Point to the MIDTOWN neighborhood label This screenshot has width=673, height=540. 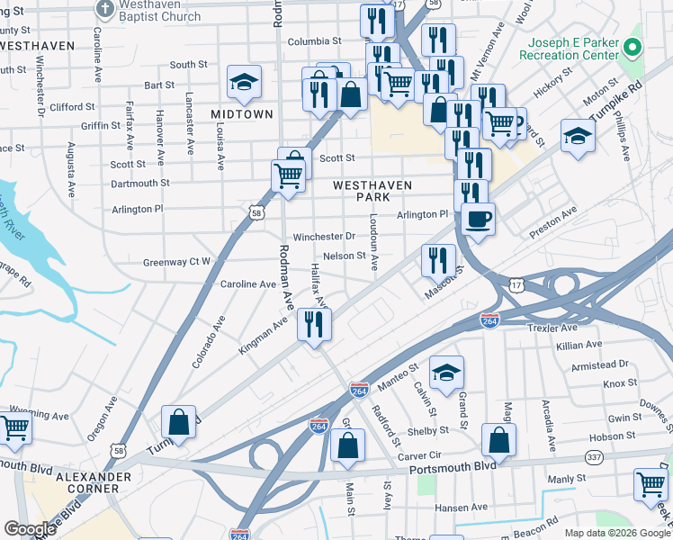242,114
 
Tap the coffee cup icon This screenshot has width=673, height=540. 479,219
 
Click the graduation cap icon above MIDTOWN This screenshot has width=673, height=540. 244,83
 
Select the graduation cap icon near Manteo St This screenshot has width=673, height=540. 446,373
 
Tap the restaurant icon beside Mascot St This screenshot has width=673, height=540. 438,259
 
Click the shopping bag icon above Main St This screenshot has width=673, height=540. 348,445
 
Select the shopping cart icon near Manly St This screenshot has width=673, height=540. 651,483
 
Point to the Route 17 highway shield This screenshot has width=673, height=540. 516,284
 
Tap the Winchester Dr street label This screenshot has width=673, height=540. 325,237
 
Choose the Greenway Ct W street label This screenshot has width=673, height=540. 176,263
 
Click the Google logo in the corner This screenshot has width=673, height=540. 30,529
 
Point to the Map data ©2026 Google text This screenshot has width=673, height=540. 616,533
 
